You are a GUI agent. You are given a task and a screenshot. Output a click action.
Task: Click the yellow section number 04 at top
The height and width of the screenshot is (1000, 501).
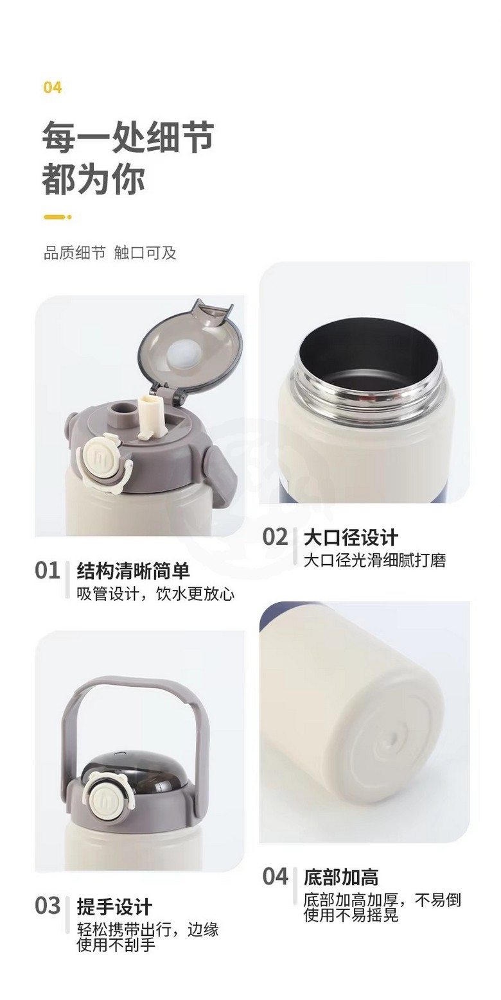[52, 87]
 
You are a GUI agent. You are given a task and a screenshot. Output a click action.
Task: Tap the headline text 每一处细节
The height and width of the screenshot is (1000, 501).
[128, 137]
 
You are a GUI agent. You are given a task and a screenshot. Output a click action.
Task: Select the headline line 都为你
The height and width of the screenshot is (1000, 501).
[93, 180]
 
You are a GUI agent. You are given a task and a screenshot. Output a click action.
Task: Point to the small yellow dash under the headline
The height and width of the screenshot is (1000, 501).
[57, 218]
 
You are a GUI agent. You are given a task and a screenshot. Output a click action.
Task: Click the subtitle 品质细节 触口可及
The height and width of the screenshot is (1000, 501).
[110, 253]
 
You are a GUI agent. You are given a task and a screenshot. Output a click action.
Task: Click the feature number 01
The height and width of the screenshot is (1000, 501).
[47, 571]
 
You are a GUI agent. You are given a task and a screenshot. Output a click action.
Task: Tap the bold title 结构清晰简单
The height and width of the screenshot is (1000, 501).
[134, 571]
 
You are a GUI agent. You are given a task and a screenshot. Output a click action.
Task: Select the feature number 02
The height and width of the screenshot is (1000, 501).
[275, 537]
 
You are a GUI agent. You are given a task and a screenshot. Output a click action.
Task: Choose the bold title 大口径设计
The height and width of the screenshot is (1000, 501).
[351, 537]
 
